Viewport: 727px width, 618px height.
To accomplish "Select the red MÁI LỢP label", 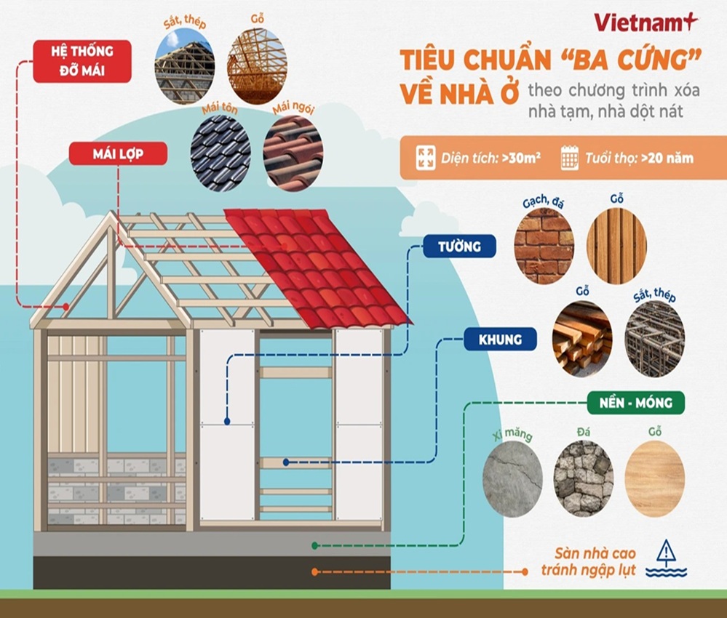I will (118, 153).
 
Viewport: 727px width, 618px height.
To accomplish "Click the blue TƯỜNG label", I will (459, 246).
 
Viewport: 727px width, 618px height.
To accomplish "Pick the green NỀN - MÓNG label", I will (635, 401).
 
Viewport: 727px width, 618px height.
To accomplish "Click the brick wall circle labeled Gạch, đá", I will (544, 245).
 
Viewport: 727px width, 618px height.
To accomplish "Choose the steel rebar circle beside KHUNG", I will (655, 339).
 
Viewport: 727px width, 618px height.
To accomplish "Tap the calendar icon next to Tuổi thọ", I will (570, 158).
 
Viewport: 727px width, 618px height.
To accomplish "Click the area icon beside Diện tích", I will (426, 158).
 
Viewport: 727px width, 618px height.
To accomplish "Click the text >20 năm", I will (667, 158).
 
